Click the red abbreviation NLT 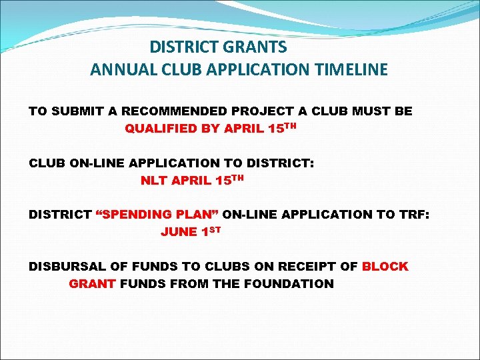coord(153,180)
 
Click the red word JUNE coord(179,232)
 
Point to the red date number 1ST coord(210,231)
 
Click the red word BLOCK coord(385,267)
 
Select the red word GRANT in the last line coord(93,284)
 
